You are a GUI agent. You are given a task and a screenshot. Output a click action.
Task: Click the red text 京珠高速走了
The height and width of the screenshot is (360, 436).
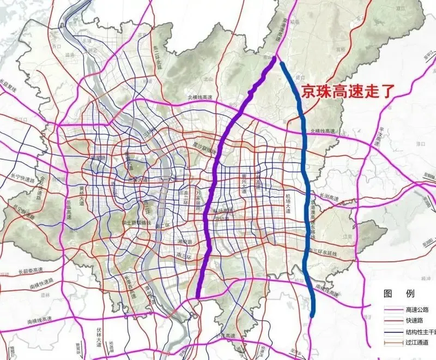(x=343, y=89)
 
